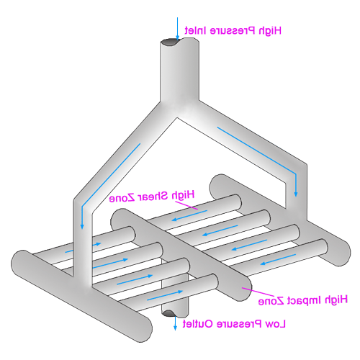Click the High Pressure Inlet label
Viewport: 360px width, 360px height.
(233, 31)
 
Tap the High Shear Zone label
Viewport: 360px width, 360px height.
(152, 197)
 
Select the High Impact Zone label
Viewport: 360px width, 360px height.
(303, 300)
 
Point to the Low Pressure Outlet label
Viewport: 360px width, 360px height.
(234, 324)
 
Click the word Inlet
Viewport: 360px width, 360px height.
(195, 30)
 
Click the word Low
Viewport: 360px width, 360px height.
(276, 324)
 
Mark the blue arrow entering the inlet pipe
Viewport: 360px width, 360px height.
(177, 28)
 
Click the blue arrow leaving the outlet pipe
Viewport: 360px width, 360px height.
(175, 323)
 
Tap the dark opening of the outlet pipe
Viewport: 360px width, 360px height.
(168, 313)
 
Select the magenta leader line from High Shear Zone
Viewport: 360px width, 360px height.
(186, 205)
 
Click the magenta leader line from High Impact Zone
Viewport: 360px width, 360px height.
(258, 292)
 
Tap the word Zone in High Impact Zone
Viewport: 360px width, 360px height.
(271, 301)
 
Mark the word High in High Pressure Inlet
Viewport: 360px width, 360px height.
(270, 31)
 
